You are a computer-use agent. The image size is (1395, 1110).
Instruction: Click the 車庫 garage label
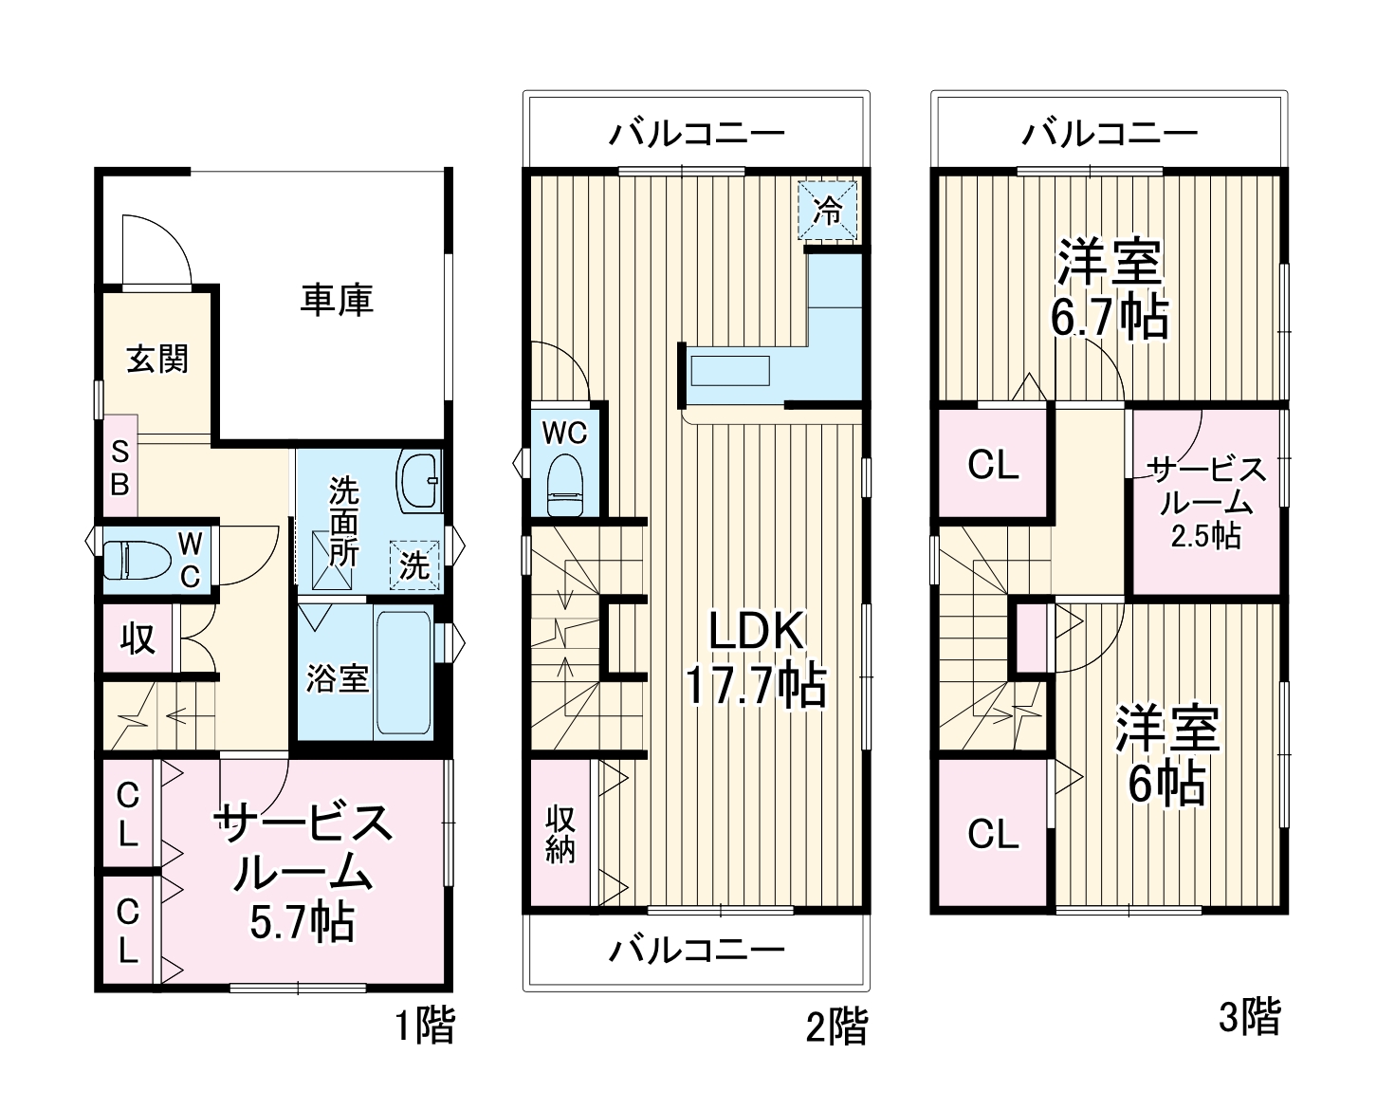pos(337,300)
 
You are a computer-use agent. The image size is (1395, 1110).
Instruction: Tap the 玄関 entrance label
pos(157,360)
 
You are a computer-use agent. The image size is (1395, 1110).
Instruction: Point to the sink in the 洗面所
pos(419,480)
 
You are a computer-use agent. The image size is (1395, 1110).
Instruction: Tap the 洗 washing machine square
pos(414,566)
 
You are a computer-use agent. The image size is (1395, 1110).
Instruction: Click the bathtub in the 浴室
pos(404,675)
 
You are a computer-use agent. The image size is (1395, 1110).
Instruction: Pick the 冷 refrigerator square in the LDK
pos(828,210)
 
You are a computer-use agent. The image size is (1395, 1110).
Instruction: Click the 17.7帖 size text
pos(756,686)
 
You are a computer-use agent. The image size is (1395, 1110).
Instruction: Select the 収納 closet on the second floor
pos(560,834)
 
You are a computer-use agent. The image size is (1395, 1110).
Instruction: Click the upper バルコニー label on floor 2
pos(697,133)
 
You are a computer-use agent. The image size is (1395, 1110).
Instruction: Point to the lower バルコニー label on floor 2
pos(697,949)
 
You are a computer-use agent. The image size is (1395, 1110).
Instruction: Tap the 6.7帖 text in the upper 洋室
pos(1109,319)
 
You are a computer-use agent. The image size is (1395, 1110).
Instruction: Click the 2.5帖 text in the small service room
pos(1205,536)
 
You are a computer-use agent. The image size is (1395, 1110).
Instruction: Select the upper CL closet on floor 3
pos(993,465)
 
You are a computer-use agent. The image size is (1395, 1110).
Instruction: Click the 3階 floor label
pos(1249,1018)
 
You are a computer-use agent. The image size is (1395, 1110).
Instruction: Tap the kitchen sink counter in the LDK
pos(729,370)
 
